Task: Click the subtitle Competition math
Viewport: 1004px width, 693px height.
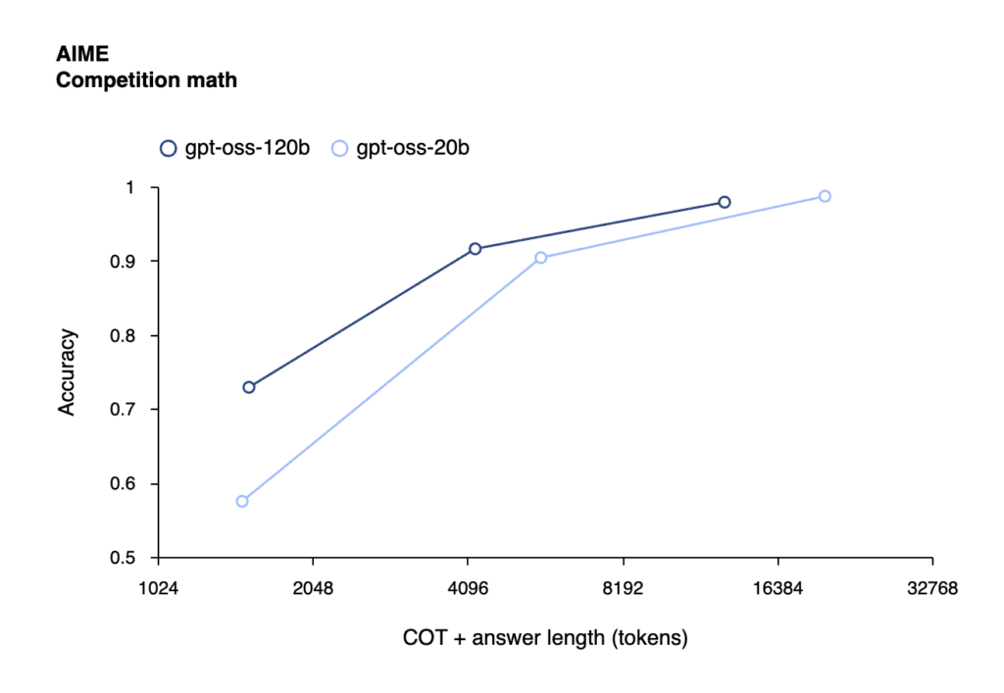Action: click(146, 80)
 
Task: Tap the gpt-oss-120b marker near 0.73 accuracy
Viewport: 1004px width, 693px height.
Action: click(249, 387)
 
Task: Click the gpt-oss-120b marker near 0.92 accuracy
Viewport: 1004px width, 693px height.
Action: click(476, 249)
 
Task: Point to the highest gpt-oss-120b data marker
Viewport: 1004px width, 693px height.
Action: click(725, 202)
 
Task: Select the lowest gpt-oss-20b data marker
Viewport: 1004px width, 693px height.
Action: click(242, 501)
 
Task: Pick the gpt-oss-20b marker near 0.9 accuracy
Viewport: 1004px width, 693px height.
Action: click(540, 258)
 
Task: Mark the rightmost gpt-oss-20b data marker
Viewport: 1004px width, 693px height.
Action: click(825, 196)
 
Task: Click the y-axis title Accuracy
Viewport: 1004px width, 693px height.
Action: click(67, 372)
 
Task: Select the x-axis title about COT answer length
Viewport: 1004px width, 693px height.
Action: click(545, 638)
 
